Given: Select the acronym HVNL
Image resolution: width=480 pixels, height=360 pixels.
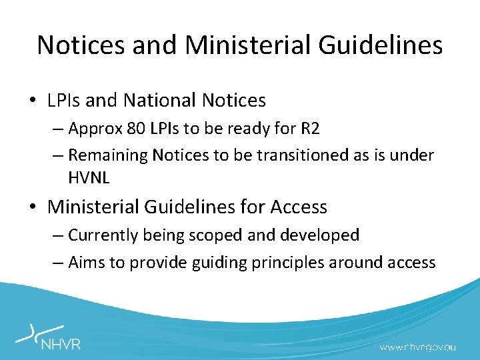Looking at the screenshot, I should click(x=89, y=177).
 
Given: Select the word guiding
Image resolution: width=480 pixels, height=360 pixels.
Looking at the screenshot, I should click(x=214, y=262).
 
